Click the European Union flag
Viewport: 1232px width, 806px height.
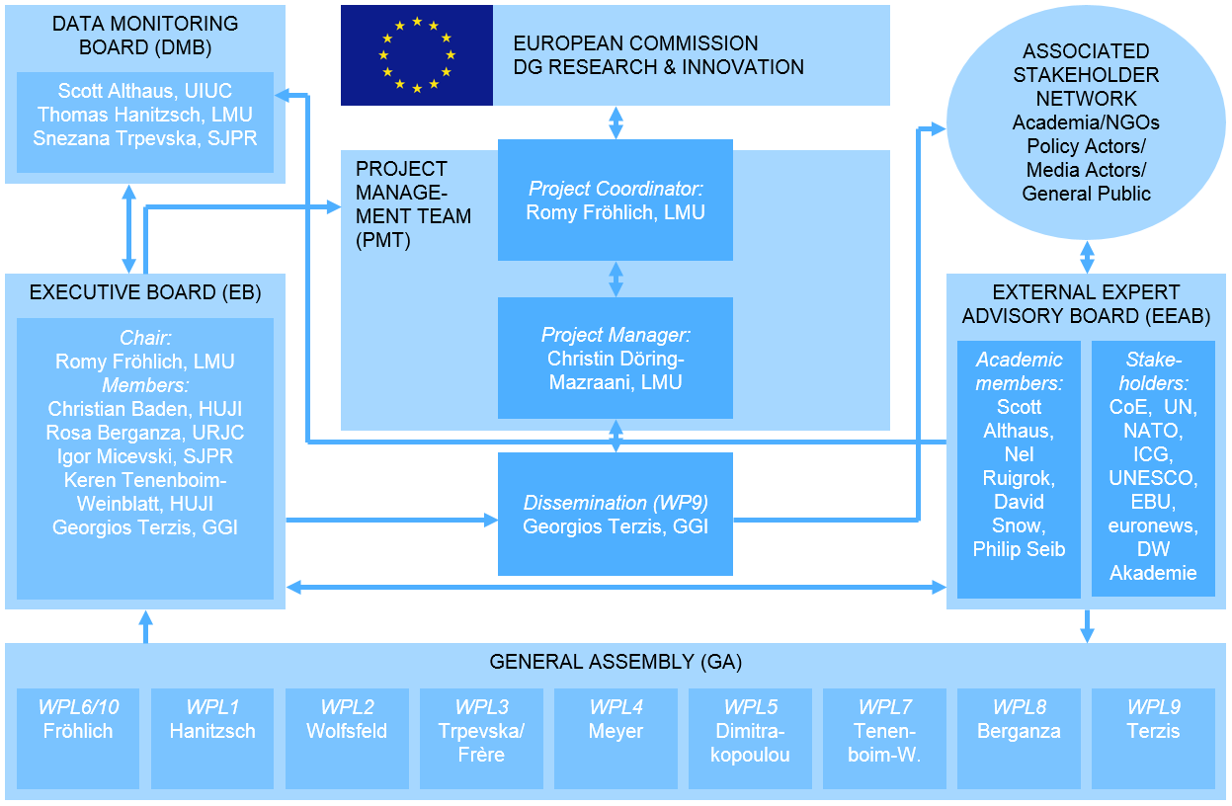click(416, 54)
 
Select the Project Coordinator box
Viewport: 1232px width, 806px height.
click(615, 200)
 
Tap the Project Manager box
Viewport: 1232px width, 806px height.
click(615, 357)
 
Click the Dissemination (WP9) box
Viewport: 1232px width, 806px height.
click(615, 514)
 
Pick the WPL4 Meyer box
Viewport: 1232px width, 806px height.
click(616, 738)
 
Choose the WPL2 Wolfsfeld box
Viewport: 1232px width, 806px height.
click(347, 738)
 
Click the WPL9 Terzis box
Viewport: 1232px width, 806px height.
click(1153, 738)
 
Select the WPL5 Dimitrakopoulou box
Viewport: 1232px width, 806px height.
click(750, 738)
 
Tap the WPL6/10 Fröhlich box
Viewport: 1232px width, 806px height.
click(78, 738)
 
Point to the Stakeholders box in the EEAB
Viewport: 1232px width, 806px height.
click(1153, 468)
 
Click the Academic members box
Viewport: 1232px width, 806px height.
click(1019, 468)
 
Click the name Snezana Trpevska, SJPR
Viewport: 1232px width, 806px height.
click(145, 138)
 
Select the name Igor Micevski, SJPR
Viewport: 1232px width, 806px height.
click(145, 456)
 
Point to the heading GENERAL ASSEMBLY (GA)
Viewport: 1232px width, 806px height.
click(616, 662)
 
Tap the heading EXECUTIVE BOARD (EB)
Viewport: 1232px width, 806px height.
click(145, 292)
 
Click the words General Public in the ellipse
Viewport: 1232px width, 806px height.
click(1086, 194)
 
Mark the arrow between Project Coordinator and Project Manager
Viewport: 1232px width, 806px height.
click(616, 279)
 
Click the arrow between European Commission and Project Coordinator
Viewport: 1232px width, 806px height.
click(616, 121)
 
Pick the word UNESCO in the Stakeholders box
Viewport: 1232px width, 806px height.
click(1153, 478)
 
